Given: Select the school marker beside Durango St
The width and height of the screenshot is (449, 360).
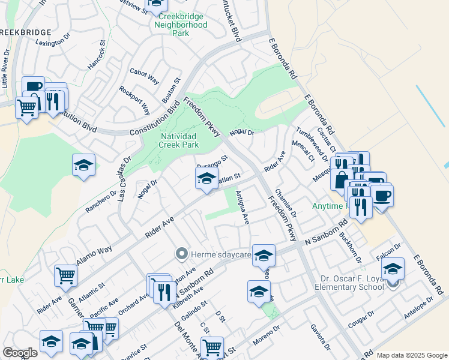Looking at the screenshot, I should (206, 178).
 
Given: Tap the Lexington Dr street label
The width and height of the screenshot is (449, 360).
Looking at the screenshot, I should (53, 43).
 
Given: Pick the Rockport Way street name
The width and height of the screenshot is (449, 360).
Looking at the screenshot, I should (143, 100).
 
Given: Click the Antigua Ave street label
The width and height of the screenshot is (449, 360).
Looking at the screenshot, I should (242, 207).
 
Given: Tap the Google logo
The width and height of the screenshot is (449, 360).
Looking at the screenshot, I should (20, 353).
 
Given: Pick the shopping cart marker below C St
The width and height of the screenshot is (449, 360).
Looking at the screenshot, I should (212, 347).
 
